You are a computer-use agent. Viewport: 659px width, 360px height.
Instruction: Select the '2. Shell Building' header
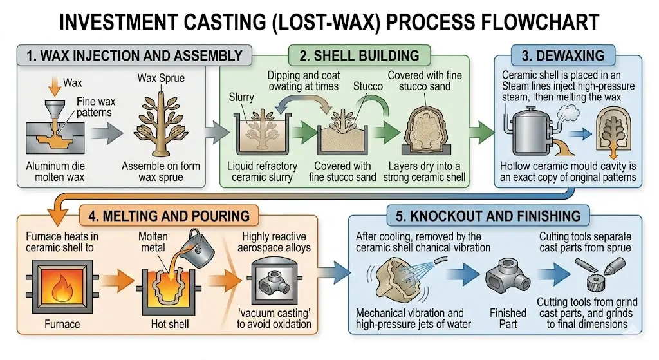click(355, 55)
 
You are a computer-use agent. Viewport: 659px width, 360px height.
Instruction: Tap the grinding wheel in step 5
click(599, 283)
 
